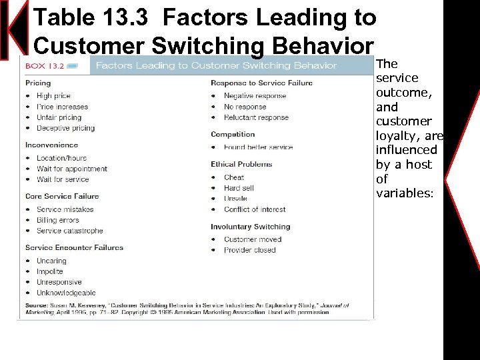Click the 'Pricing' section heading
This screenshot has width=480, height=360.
click(38, 83)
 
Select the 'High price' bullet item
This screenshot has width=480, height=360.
click(53, 96)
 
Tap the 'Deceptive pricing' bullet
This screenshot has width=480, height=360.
click(65, 128)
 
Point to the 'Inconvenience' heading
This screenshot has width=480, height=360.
click(51, 145)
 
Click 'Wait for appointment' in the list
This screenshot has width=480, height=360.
click(71, 169)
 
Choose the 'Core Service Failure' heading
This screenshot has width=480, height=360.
click(62, 196)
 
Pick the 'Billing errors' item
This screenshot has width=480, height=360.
click(57, 220)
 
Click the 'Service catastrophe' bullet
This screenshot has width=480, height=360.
click(69, 231)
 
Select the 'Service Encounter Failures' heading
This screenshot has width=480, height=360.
click(74, 247)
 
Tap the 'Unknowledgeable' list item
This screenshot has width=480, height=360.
click(66, 293)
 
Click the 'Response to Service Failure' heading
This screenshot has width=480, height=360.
click(261, 83)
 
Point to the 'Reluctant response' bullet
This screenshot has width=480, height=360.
click(256, 117)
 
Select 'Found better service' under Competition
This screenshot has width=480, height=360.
click(258, 147)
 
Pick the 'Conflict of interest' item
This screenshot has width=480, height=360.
click(255, 209)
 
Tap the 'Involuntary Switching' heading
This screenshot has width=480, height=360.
click(250, 227)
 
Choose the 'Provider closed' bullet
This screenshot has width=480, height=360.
click(249, 250)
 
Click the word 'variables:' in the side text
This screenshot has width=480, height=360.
click(404, 193)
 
